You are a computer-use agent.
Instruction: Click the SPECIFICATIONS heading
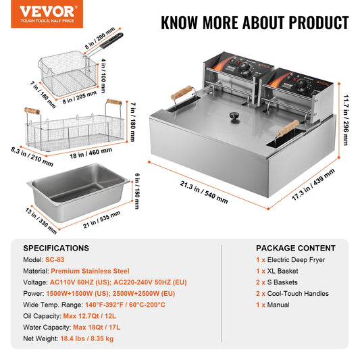click(56, 248)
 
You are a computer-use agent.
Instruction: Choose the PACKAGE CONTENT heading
click(295, 248)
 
